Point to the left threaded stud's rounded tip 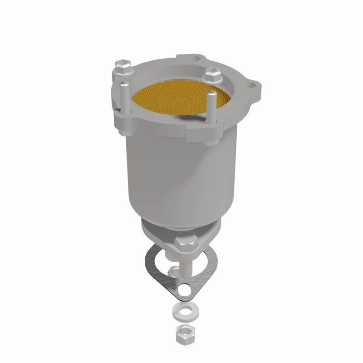click(x=123, y=83)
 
